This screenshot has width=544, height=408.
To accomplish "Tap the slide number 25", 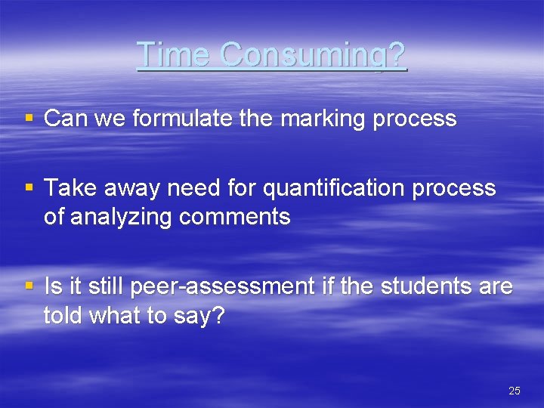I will click(x=515, y=391).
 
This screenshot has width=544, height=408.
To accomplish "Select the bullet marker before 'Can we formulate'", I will click(x=29, y=119).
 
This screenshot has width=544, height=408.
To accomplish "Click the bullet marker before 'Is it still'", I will click(x=29, y=287).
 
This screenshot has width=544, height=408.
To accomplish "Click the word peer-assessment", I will click(x=222, y=287).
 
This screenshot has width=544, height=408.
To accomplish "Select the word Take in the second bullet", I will click(x=66, y=188).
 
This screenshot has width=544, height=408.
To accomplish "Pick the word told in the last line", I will click(x=63, y=316).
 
